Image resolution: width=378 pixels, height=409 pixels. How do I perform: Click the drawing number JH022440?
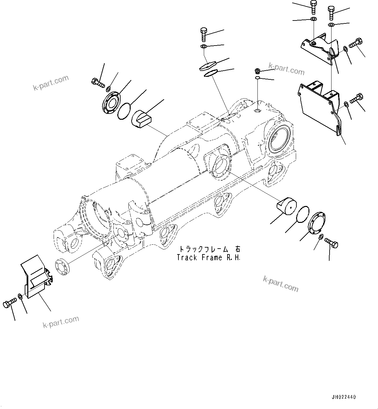coord(344,397)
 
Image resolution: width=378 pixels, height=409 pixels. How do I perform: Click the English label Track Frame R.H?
coord(209,258)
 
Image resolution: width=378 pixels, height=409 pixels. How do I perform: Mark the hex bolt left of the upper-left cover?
coord(98,83)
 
